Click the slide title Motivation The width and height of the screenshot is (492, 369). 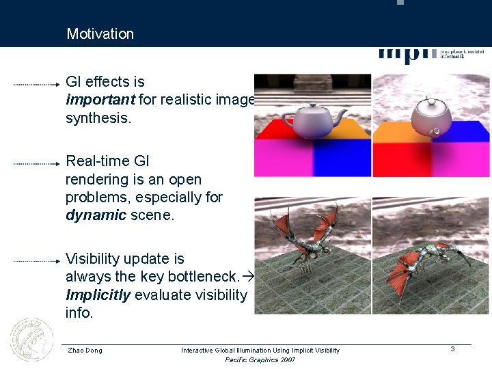(100, 33)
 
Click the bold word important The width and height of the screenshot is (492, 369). (100, 100)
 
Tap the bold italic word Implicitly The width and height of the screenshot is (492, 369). (98, 295)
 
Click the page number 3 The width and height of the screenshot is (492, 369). (452, 349)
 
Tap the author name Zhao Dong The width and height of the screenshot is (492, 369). (85, 351)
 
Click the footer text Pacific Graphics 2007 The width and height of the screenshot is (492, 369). (260, 360)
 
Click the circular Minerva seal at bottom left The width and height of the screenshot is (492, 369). (31, 340)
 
